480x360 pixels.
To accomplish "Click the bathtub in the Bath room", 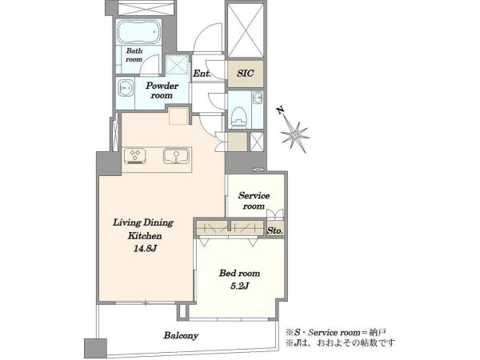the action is [139, 32].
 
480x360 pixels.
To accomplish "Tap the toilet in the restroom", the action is [239, 117].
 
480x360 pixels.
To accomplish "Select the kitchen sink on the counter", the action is [176, 156].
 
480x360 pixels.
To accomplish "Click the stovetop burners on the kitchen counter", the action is [135, 155].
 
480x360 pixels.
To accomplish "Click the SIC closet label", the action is [246, 73].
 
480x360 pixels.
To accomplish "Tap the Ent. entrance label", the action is [202, 74].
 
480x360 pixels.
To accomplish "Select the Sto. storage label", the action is [275, 231].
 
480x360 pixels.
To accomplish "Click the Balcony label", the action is [181, 335].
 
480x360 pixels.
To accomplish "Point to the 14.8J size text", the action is [145, 249].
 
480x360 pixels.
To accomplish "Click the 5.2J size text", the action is [239, 286].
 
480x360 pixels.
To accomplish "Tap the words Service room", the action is [254, 201].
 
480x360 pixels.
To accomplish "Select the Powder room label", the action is [162, 90].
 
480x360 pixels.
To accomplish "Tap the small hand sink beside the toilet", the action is [257, 98].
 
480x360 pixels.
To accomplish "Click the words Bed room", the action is [239, 273].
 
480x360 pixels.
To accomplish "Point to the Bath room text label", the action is [134, 54].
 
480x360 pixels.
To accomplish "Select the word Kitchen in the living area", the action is [145, 236].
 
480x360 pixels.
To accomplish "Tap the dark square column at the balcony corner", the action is [95, 348].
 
